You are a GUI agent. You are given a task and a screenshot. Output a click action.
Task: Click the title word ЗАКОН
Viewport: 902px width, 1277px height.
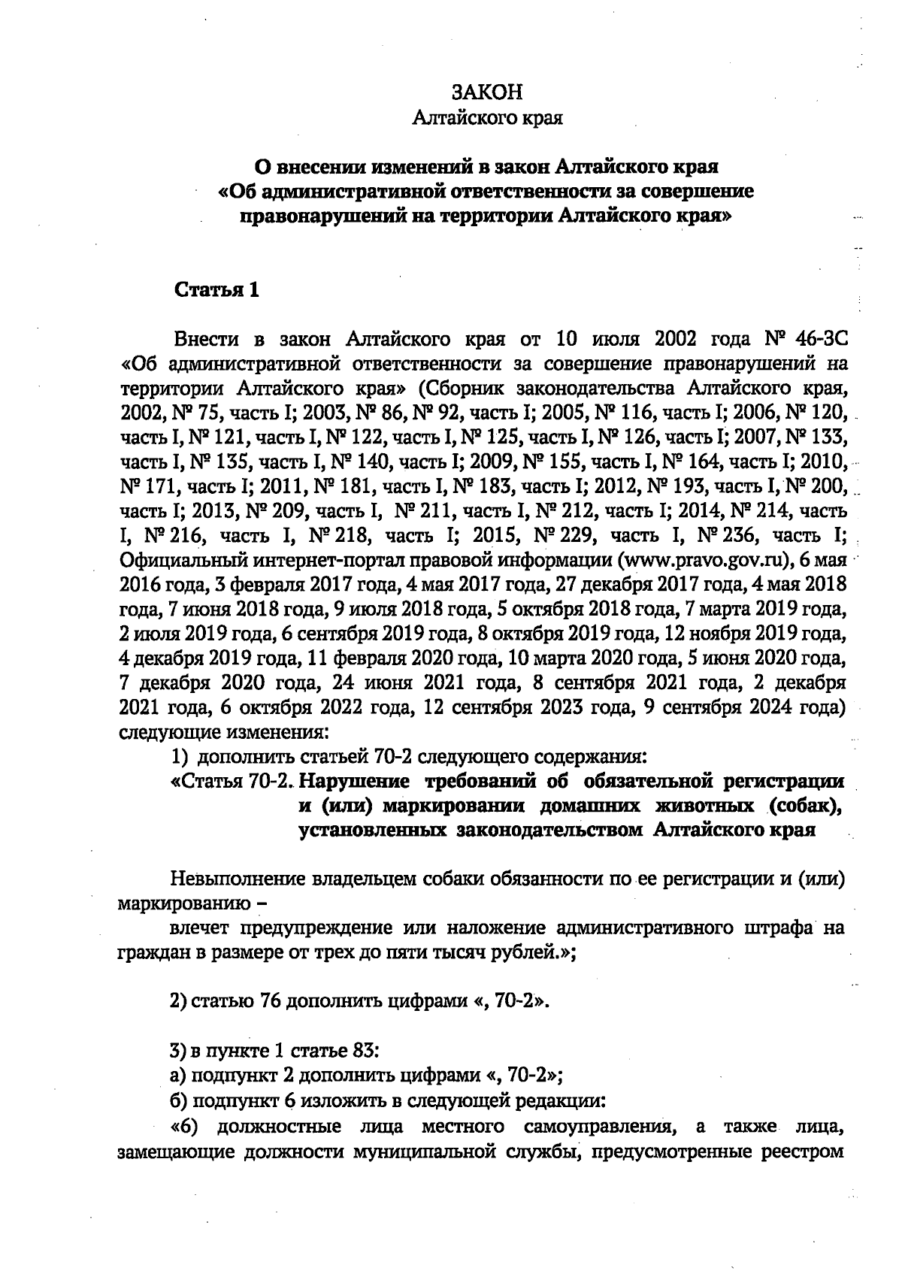pos(487,92)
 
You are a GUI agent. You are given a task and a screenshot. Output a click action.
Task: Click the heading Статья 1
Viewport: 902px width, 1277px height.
pos(216,290)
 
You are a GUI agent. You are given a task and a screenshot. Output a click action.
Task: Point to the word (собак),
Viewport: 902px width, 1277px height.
pos(802,806)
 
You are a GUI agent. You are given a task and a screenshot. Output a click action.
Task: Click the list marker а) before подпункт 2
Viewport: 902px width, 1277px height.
pos(179,1075)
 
